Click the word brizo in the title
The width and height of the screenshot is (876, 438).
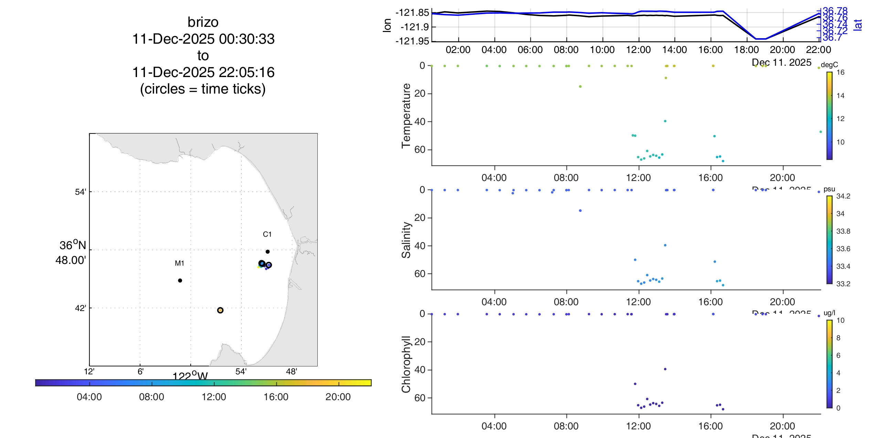coord(203,22)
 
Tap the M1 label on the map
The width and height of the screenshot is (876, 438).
coord(179,263)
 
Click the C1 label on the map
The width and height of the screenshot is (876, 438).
coord(267,234)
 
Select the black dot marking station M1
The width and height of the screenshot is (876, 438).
coord(180,280)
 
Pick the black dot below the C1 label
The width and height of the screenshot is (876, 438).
coord(267,252)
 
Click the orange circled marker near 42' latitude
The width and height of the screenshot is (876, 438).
coord(220,310)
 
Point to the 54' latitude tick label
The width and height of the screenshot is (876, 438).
coord(80,192)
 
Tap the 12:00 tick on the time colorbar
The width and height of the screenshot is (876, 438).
coord(214,397)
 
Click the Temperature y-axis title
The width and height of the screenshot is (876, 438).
coord(406,116)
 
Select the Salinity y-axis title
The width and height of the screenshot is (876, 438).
coord(406,240)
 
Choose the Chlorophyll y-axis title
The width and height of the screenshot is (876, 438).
coord(406,364)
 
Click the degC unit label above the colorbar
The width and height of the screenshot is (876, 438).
coord(829,65)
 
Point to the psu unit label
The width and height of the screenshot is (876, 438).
coord(829,189)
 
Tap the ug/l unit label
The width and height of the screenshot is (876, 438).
coord(829,313)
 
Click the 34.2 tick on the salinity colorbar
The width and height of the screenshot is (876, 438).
coord(843,196)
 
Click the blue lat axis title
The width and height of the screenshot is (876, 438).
coord(858,25)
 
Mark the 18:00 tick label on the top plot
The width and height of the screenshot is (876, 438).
coord(746,50)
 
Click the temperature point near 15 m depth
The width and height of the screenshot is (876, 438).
coord(580,86)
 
